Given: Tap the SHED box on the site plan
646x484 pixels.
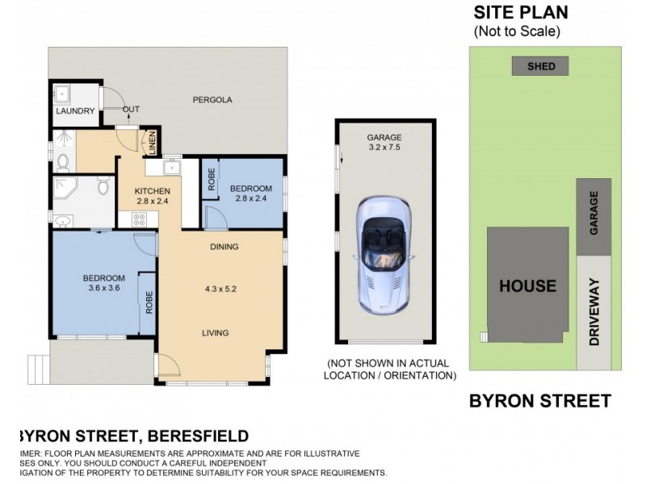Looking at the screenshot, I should (540, 66).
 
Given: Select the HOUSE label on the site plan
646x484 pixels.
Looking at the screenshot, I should (526, 286).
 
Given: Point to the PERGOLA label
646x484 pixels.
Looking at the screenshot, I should (212, 101).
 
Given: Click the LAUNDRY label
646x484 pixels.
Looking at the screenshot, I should (75, 111).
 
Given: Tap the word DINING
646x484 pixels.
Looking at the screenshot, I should (224, 247).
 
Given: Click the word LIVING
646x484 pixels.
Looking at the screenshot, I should (216, 332).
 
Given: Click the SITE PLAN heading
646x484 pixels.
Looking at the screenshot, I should (520, 12).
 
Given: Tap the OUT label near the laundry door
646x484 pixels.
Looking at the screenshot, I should (131, 110).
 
